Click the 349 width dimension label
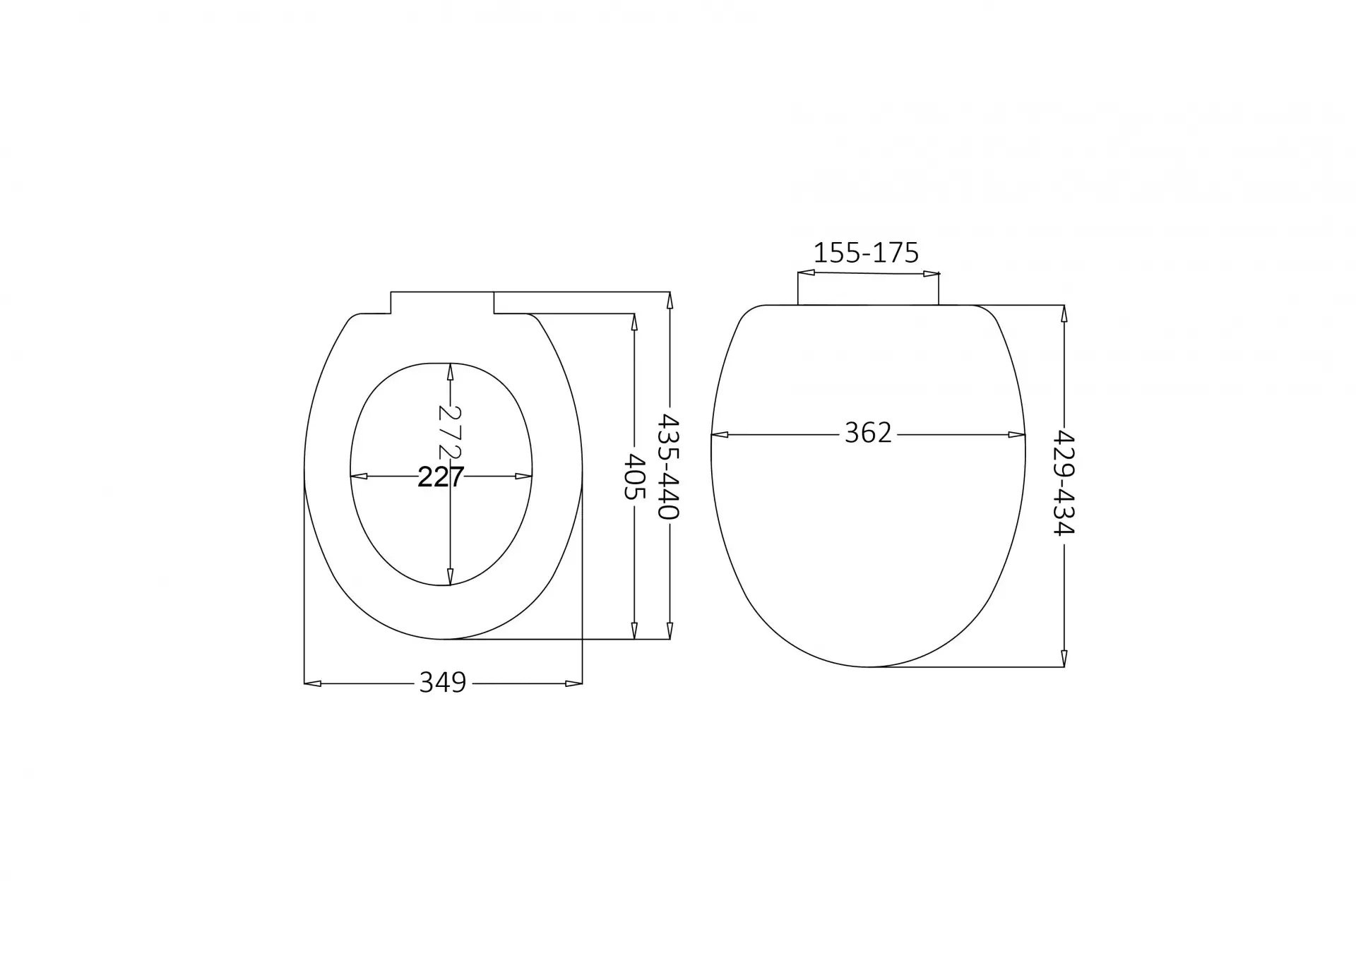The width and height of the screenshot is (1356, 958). pyautogui.click(x=443, y=683)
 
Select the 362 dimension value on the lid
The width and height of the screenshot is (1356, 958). pyautogui.click(x=868, y=433)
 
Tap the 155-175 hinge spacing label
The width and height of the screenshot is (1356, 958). pyautogui.click(x=866, y=253)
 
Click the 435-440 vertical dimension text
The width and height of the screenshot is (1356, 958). pyautogui.click(x=669, y=466)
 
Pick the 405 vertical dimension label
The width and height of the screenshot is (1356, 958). pyautogui.click(x=634, y=477)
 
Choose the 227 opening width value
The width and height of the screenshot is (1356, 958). pyautogui.click(x=441, y=477)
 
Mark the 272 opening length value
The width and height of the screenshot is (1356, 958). pyautogui.click(x=450, y=431)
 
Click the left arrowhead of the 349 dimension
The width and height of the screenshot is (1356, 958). pyautogui.click(x=313, y=683)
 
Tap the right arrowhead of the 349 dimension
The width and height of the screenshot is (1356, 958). pyautogui.click(x=574, y=683)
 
